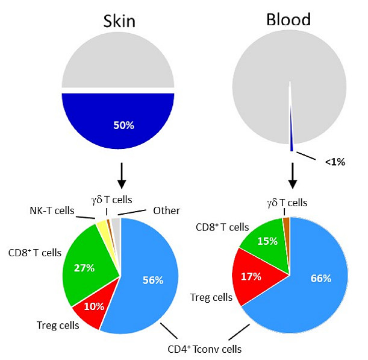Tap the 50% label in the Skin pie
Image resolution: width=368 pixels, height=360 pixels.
click(x=122, y=125)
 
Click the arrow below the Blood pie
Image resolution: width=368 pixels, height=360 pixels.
click(x=292, y=175)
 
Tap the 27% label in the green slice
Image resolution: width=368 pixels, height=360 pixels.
click(x=84, y=268)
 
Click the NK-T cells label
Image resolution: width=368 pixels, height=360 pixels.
click(x=52, y=211)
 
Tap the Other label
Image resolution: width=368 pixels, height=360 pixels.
click(x=166, y=211)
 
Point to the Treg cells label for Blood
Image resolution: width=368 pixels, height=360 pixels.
click(x=211, y=297)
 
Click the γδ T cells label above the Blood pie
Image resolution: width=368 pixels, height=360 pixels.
click(x=287, y=203)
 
